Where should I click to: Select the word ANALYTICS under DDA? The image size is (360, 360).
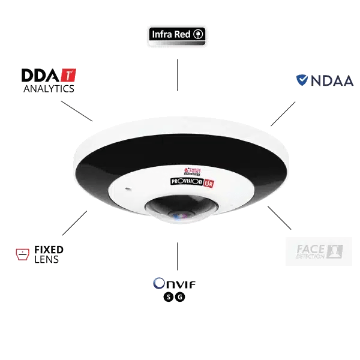pos(48,88)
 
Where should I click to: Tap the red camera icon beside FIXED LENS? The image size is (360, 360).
pos(22,254)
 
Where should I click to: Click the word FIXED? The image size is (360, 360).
pos(49,249)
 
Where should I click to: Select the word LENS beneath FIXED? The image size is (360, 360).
pos(47,260)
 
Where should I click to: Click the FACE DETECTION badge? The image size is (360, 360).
pos(318,251)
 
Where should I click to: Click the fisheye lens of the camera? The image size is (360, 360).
pos(178,213)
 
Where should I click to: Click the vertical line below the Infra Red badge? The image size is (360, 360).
pos(177,74)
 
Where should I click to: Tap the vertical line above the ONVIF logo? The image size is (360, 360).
pos(177,256)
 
